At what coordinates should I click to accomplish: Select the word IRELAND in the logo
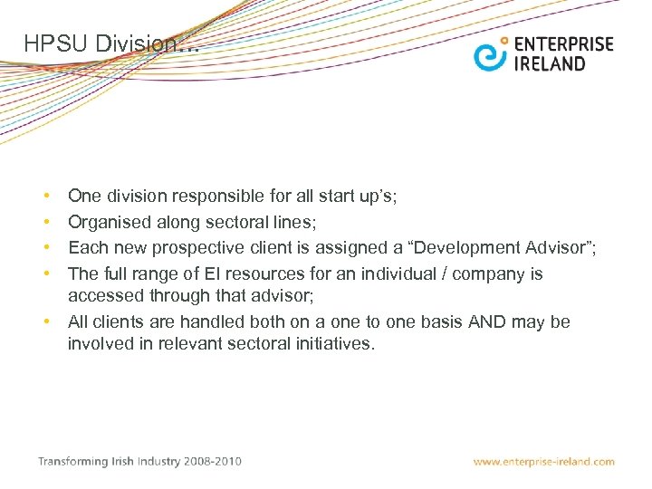tap(550, 63)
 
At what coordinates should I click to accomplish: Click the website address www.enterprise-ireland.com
tap(543, 462)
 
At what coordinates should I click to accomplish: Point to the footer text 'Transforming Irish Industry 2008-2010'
tap(139, 461)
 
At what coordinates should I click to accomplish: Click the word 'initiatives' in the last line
tap(326, 343)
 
